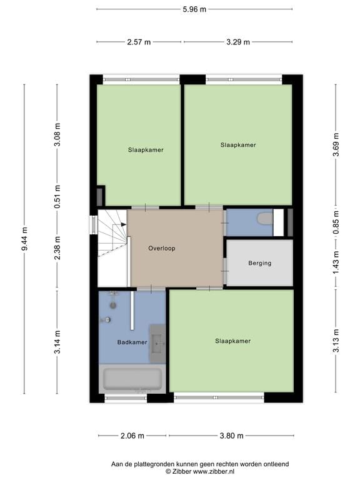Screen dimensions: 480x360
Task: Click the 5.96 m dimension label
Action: tap(194, 9)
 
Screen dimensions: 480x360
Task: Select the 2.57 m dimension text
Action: tap(139, 42)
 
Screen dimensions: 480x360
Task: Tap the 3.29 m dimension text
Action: tap(238, 42)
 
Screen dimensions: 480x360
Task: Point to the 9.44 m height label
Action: tap(24, 238)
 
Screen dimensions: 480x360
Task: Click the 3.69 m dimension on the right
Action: tap(336, 144)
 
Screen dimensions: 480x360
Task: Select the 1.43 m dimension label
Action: tap(336, 263)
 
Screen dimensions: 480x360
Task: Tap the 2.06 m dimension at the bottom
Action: tap(132, 436)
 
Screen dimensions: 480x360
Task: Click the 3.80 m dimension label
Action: tap(232, 436)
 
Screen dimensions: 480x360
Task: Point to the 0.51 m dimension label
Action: tap(57, 196)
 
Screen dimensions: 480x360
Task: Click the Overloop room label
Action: tap(162, 248)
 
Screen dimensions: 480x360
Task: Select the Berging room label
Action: tap(259, 263)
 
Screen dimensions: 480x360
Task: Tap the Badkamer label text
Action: tap(132, 342)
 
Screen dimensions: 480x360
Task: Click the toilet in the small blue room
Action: tap(265, 219)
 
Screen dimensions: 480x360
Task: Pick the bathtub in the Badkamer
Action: tap(132, 379)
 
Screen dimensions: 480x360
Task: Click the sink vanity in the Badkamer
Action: tap(157, 343)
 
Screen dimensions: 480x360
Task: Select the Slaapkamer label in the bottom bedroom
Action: tap(232, 341)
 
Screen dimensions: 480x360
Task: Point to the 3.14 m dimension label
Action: tap(57, 342)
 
